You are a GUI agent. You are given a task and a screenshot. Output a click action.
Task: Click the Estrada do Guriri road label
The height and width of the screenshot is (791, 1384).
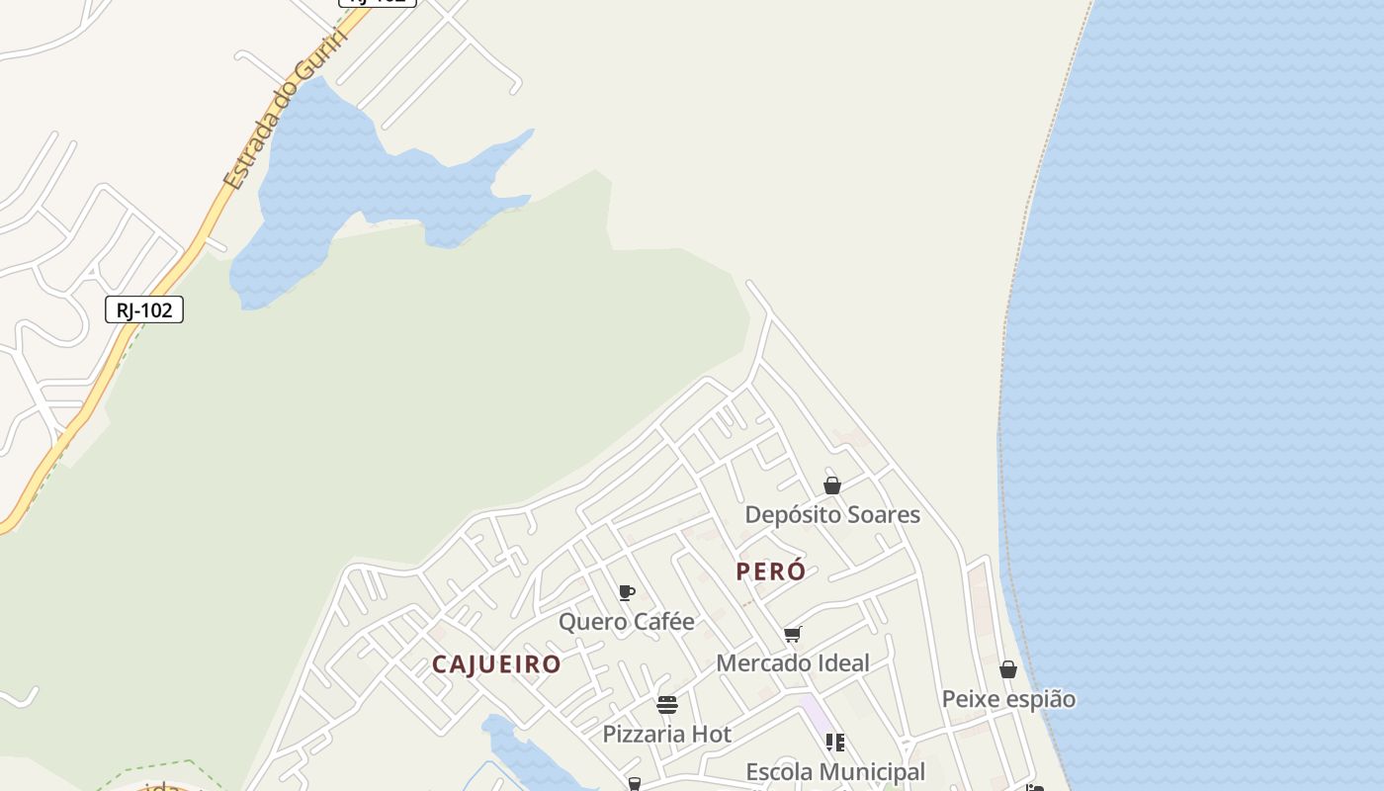285,111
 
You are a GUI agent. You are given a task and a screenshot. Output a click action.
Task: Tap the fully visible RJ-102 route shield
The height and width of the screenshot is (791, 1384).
144,309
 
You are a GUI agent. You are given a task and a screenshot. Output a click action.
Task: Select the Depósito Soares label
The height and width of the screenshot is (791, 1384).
831,514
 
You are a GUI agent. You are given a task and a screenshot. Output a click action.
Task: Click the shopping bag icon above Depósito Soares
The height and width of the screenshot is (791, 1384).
832,485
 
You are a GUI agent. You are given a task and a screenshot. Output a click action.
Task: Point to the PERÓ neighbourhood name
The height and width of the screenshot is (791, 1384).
770,571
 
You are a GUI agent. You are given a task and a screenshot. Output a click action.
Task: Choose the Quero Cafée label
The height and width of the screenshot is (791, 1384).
626,622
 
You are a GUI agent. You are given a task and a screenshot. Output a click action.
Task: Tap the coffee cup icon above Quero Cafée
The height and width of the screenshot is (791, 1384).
626,593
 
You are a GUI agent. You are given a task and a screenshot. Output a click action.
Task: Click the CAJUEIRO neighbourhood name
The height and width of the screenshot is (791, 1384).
496,664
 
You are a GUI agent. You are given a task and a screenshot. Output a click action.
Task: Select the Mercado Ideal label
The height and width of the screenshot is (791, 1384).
792,663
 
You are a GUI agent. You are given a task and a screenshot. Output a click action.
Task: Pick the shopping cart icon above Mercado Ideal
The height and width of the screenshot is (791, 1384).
792,634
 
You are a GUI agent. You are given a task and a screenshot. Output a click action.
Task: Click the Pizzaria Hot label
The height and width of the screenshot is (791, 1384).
666,735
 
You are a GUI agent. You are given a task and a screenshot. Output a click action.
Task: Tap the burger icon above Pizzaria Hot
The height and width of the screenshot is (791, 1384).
666,705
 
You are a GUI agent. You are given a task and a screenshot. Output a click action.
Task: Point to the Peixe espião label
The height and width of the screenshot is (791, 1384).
1007,699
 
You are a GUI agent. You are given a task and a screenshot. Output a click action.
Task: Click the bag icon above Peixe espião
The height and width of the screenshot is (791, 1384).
1007,670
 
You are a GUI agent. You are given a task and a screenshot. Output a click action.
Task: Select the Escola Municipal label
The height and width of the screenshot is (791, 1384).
834,771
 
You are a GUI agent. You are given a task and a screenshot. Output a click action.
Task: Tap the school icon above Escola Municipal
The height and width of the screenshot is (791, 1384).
834,742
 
